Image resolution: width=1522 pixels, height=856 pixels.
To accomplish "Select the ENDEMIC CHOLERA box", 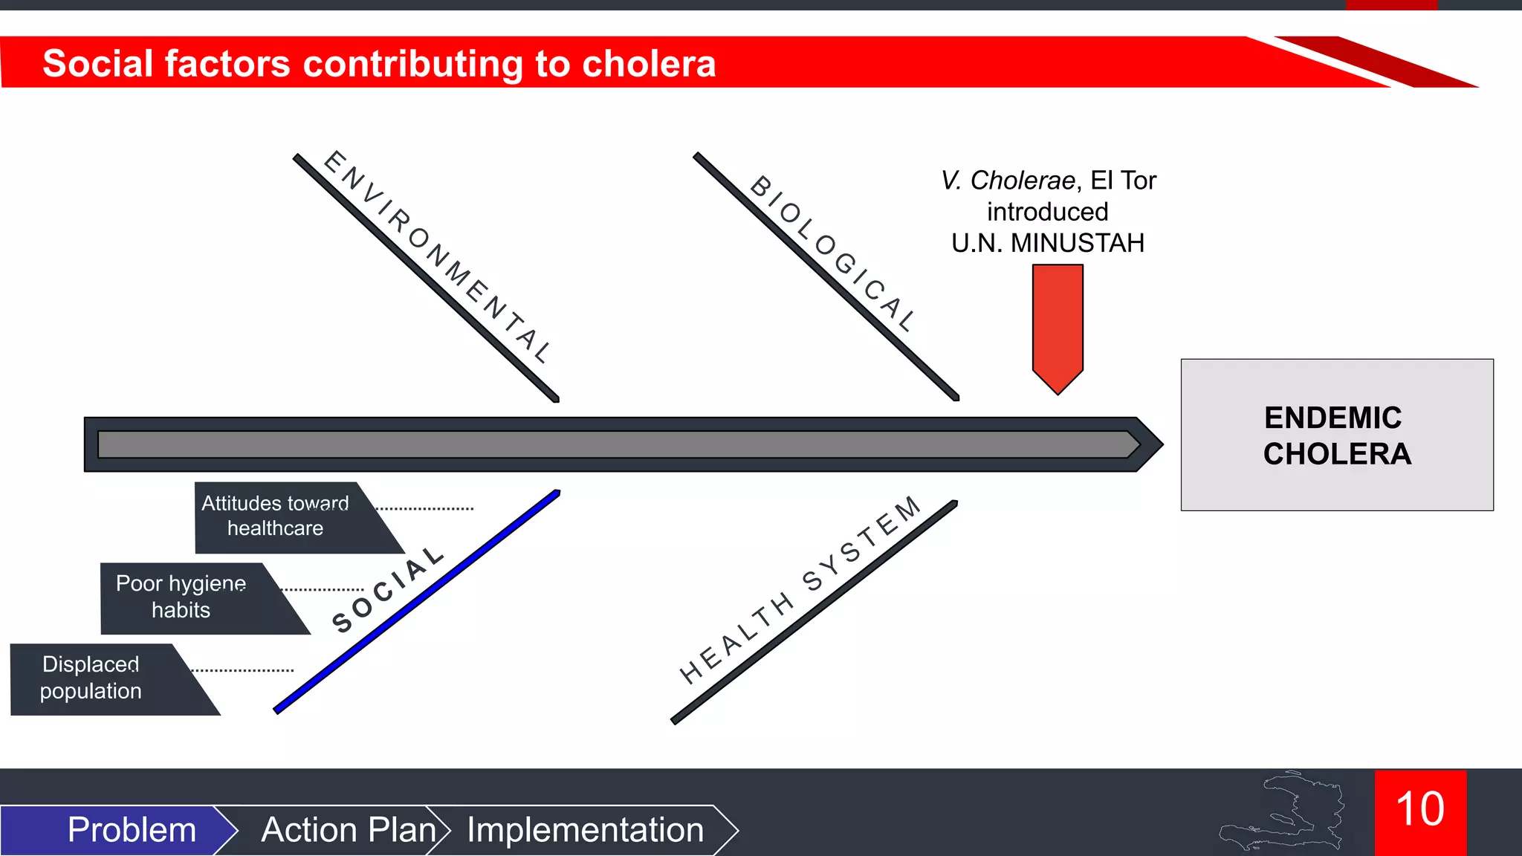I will (1336, 435).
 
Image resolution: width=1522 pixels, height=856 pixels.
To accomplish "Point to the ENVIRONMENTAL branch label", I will (438, 256).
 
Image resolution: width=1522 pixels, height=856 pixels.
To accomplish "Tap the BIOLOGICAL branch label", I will (832, 253).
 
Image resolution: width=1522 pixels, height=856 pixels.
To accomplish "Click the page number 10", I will (1420, 810).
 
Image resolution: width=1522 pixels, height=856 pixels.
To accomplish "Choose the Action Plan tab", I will (348, 829).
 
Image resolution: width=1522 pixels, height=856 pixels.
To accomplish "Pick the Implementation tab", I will (585, 829).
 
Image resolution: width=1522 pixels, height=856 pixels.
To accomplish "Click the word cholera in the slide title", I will (649, 64).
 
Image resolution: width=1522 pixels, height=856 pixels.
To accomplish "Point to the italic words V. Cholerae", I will (1007, 181).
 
